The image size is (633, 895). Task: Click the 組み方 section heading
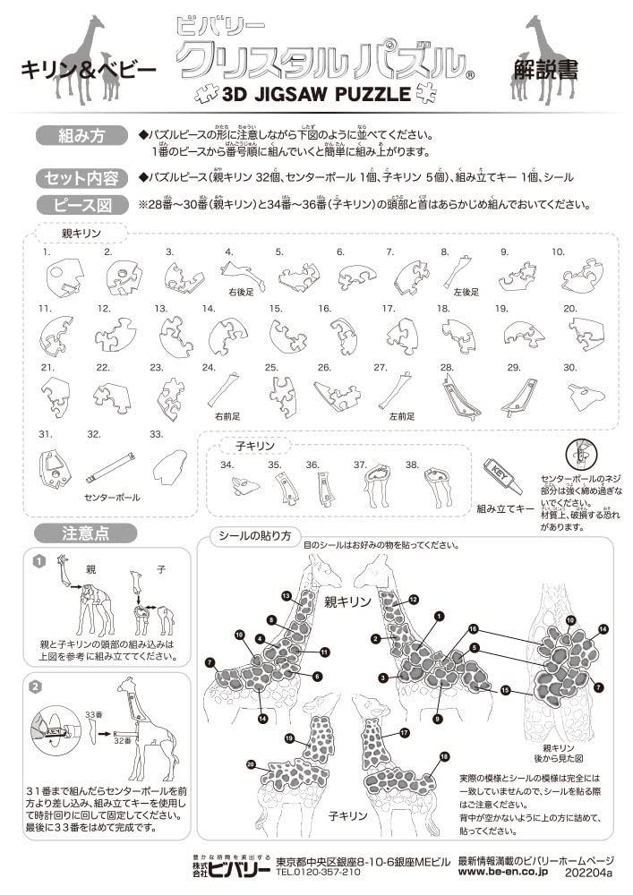(81, 136)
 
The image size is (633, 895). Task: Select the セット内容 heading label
(81, 177)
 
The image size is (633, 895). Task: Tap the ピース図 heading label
(81, 205)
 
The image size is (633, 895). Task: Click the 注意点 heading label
(86, 534)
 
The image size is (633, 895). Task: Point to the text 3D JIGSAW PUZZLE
(315, 92)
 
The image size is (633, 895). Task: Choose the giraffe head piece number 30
(586, 393)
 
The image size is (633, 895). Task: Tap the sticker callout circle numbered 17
(405, 733)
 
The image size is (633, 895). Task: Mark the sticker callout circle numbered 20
(251, 763)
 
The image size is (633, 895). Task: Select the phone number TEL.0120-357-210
(318, 871)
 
